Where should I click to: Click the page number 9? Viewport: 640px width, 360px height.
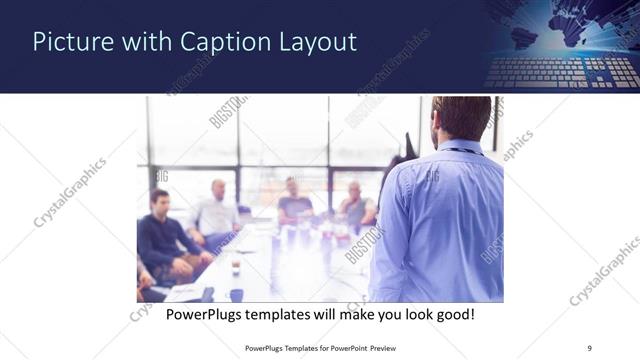[590, 347]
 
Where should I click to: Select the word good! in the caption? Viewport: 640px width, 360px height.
[452, 315]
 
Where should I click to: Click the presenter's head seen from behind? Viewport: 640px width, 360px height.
[462, 119]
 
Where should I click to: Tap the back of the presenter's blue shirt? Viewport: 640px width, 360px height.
[441, 220]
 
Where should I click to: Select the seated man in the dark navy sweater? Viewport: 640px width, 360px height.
[161, 235]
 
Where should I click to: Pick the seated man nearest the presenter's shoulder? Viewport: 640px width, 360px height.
[356, 205]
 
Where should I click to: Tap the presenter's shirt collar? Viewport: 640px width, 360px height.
[459, 148]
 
